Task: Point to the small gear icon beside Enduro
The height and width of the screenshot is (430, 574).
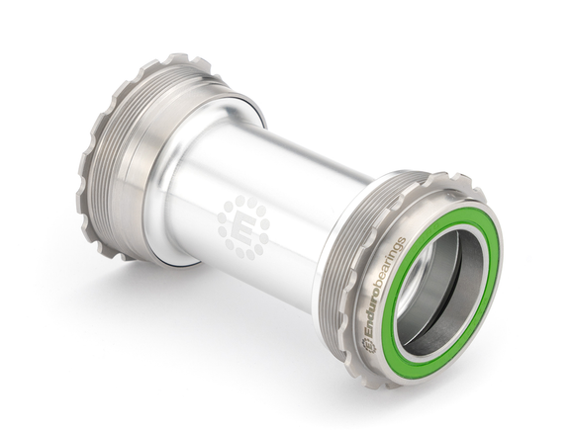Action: pyautogui.click(x=365, y=343)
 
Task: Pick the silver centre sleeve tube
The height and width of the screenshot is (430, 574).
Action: pyautogui.click(x=267, y=188)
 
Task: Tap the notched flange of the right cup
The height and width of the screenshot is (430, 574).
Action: pyautogui.click(x=416, y=188)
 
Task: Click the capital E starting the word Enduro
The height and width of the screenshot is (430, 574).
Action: pyautogui.click(x=369, y=331)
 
